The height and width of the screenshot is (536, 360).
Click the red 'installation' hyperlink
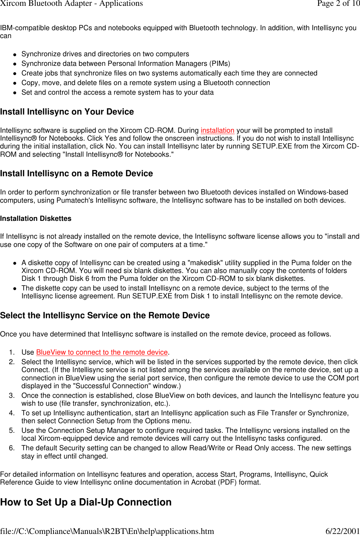[217, 130]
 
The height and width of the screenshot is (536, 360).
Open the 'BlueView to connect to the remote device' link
[102, 352]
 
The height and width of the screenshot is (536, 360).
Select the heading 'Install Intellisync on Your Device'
[67, 112]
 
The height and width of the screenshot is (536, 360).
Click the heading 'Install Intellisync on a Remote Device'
[77, 174]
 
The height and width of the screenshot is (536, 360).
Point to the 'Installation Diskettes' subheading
[36, 218]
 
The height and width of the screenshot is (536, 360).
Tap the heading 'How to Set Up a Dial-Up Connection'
[86, 502]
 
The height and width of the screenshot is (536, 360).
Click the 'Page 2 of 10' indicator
[338, 3]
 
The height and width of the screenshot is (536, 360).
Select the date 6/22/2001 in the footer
[342, 531]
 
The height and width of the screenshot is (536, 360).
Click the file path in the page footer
[107, 531]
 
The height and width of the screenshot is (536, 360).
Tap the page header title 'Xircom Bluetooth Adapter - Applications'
[71, 3]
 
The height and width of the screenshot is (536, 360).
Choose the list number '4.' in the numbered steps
[12, 413]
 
